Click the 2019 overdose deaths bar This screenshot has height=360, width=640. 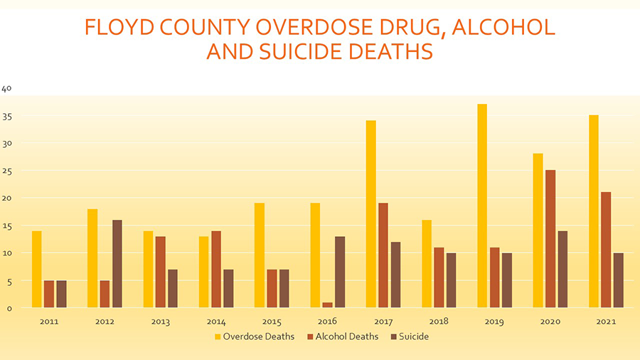point(482,206)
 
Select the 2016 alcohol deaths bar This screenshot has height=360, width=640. point(328,305)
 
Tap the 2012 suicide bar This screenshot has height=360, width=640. point(117,264)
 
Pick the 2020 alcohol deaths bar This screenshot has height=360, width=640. point(550,239)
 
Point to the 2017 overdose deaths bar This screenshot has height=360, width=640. point(370,214)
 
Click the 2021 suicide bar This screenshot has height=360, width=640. point(619,280)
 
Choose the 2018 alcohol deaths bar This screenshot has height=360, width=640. point(439,277)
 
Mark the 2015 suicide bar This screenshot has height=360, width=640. point(284,289)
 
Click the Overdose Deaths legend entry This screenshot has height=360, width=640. point(255,337)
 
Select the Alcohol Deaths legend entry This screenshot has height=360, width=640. point(344,337)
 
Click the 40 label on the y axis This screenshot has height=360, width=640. point(7,89)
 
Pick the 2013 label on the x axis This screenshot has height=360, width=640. point(161,322)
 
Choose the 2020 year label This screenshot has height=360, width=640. point(550,322)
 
